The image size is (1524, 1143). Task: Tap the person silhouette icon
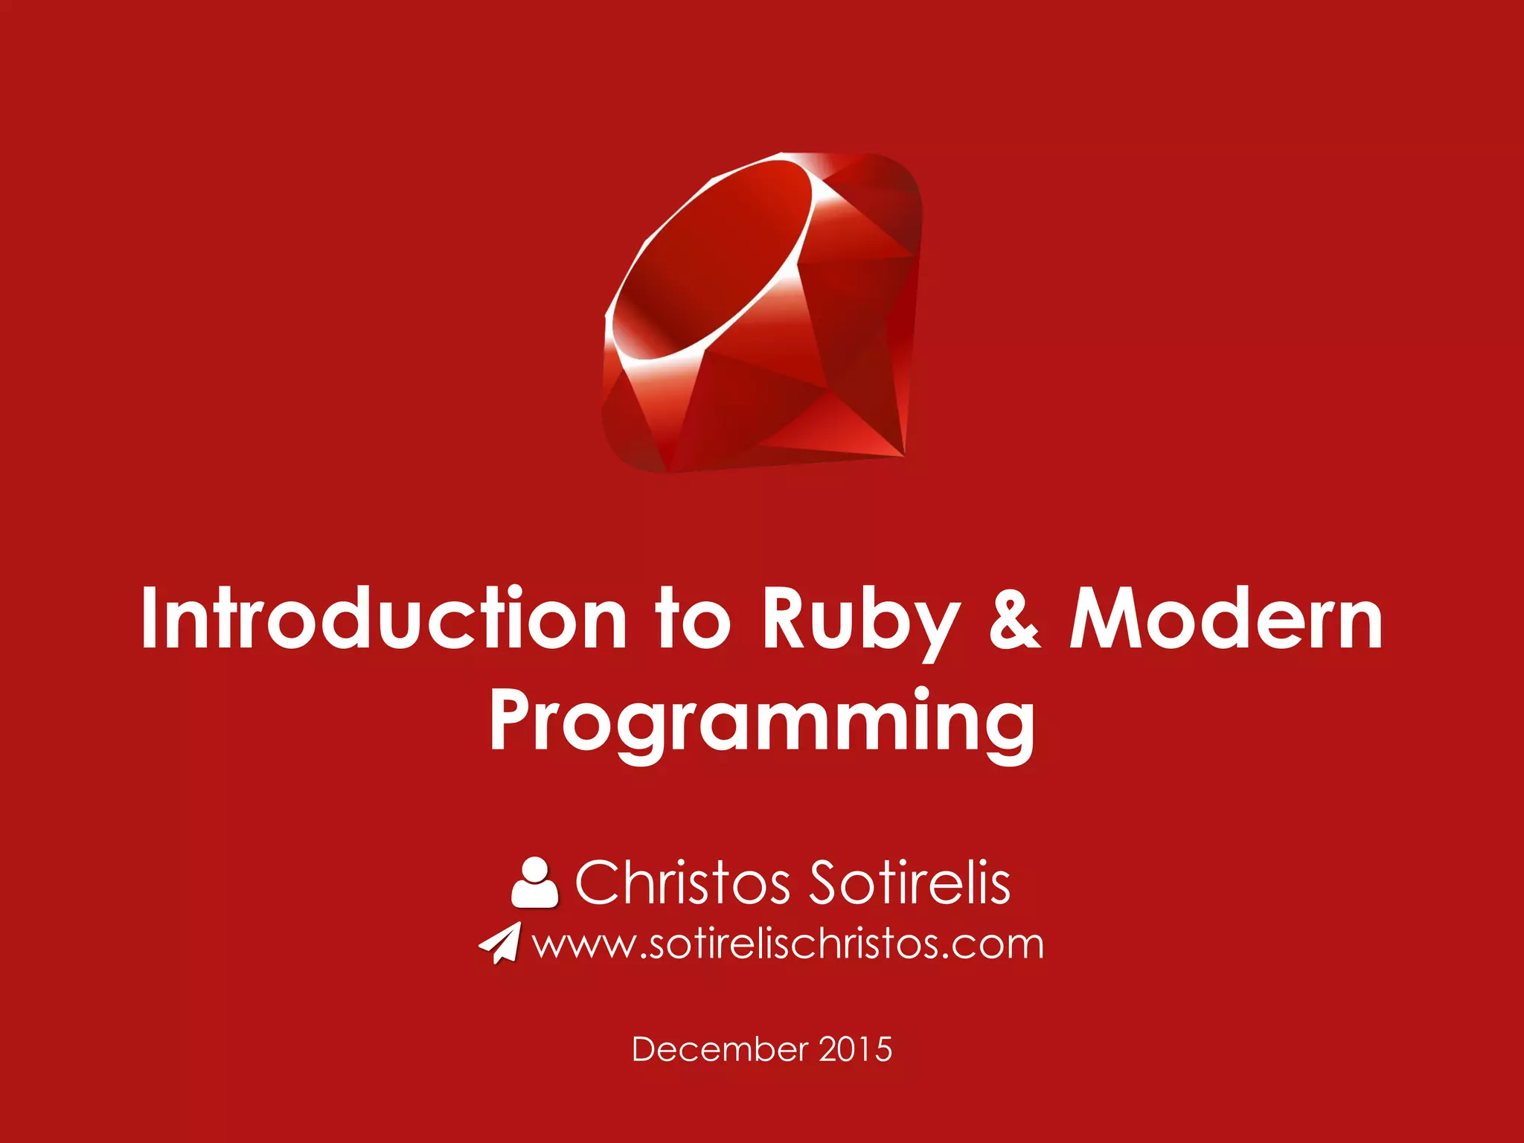(534, 883)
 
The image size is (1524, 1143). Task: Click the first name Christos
(682, 883)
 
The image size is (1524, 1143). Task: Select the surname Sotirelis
(909, 883)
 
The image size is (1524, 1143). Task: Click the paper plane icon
(500, 944)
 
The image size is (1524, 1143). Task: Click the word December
(720, 1049)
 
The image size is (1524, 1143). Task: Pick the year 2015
(856, 1049)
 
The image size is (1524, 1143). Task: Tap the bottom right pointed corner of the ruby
(900, 451)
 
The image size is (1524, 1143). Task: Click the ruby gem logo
(762, 313)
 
